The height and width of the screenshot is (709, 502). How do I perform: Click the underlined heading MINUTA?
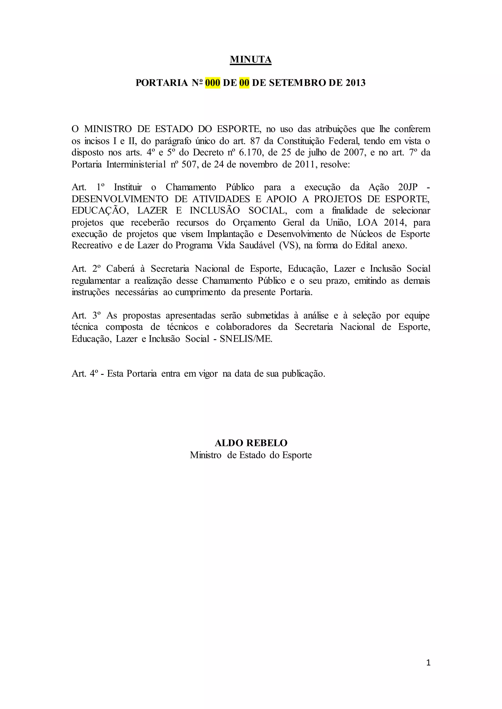coord(251,59)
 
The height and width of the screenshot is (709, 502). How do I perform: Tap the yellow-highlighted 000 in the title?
coord(213,83)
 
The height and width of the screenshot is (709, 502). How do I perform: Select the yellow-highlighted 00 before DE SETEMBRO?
coord(244,83)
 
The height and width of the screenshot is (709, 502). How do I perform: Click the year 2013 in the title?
coord(355,83)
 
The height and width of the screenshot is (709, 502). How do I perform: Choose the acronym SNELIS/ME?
coord(246,339)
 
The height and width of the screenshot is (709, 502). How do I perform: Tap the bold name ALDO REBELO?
coord(251,443)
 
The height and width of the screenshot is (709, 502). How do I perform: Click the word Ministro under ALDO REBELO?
coord(206,455)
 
